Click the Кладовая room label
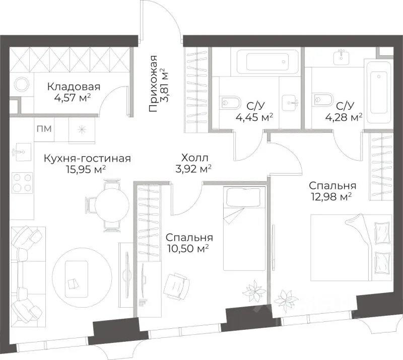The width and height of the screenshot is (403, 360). pyautogui.click(x=74, y=87)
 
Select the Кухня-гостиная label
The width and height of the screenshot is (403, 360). pyautogui.click(x=87, y=158)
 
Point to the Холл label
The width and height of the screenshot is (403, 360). pyautogui.click(x=195, y=158)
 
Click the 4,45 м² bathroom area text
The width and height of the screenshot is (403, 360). pyautogui.click(x=254, y=117)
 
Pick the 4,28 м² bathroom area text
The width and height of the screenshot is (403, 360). pyautogui.click(x=344, y=117)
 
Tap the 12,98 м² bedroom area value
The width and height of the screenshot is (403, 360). pyautogui.click(x=331, y=197)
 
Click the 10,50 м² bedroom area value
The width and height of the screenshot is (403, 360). pyautogui.click(x=187, y=249)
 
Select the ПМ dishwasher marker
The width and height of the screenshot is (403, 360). pyautogui.click(x=44, y=128)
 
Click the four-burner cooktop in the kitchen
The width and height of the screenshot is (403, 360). pyautogui.click(x=23, y=182)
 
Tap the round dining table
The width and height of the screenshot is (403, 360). pyautogui.click(x=112, y=205)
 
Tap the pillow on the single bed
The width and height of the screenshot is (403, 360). pyautogui.click(x=243, y=197)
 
